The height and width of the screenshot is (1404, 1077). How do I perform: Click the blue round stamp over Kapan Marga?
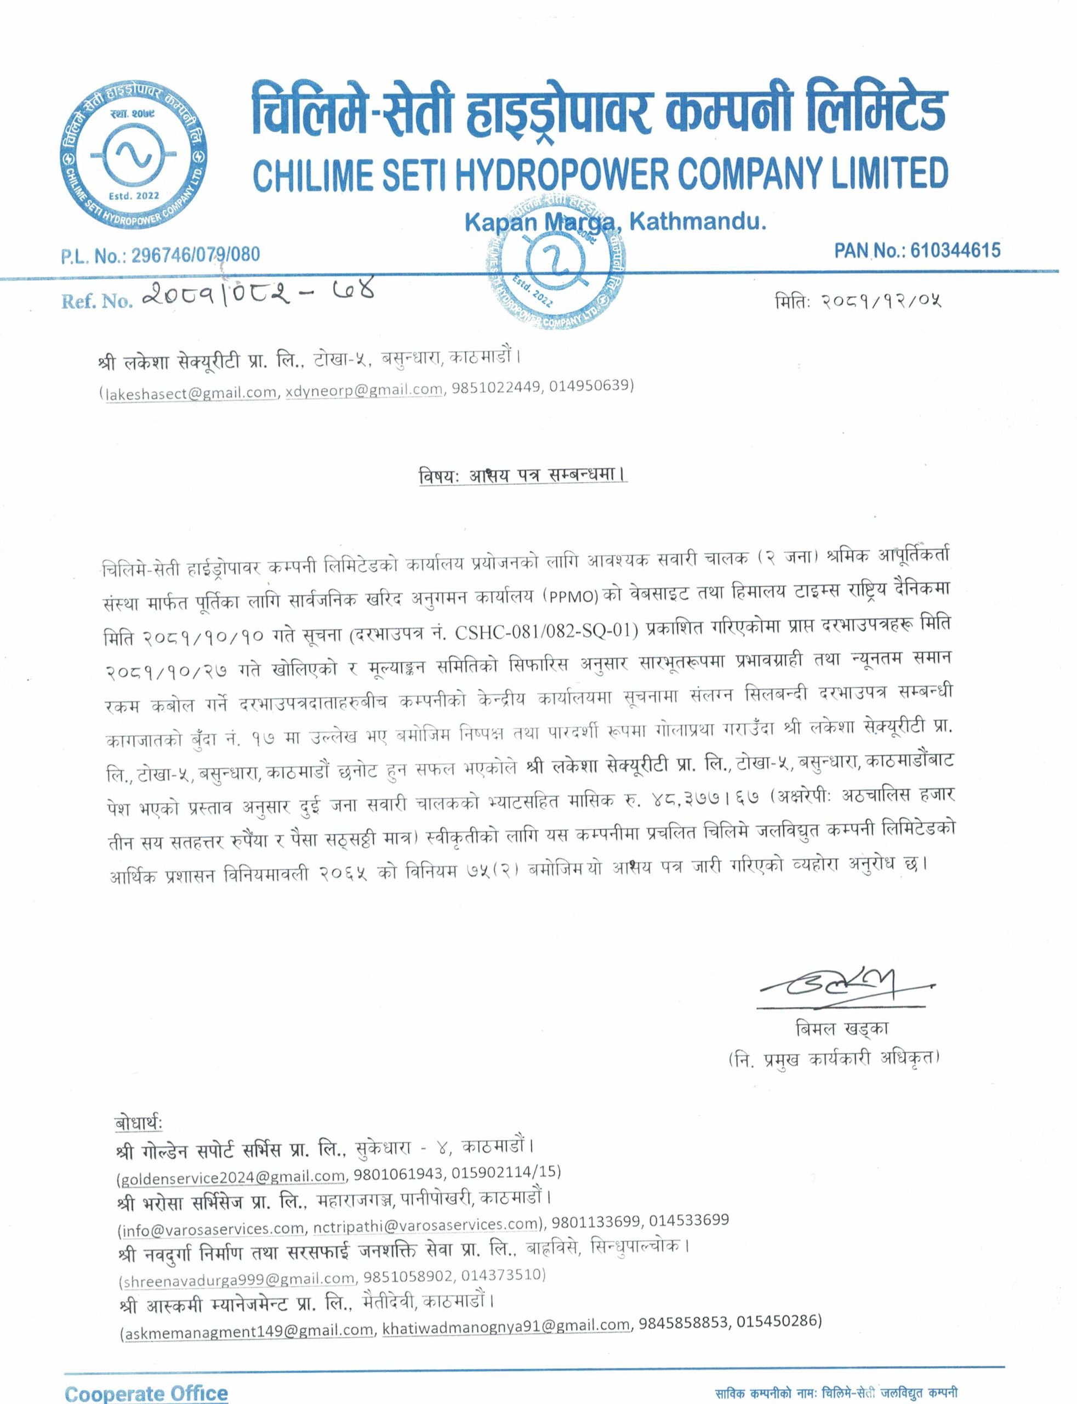[x=555, y=263]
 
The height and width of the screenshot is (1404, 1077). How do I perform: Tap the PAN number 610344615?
[x=955, y=250]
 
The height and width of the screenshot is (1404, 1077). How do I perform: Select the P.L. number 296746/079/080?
[x=196, y=255]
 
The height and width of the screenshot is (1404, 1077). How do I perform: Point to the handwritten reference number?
[x=257, y=294]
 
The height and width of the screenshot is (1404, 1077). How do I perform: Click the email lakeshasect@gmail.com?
[x=190, y=393]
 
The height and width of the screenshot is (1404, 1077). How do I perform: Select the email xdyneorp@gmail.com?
[x=364, y=389]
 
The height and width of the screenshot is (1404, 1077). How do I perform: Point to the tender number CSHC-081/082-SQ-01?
[x=546, y=632]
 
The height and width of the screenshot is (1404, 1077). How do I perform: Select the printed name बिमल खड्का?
[x=841, y=1029]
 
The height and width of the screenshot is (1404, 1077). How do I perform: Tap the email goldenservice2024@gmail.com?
[x=233, y=1176]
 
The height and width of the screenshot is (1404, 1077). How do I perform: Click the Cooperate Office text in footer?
[x=146, y=1392]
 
